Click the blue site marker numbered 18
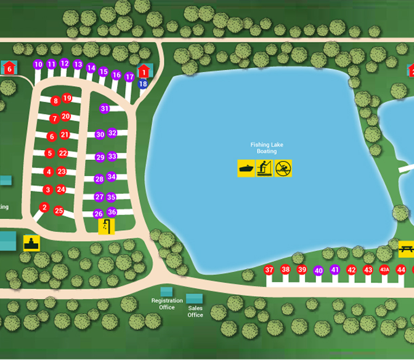[143, 84]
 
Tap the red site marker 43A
[384, 270]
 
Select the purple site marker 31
[105, 108]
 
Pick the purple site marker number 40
[319, 271]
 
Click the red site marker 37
[269, 270]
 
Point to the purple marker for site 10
[38, 64]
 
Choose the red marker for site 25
[59, 210]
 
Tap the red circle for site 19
[67, 98]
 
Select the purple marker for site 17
[129, 77]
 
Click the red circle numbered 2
[44, 207]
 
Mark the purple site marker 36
[112, 212]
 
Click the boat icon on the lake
[246, 168]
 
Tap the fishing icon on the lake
[264, 168]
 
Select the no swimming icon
[283, 168]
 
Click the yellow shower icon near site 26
[107, 226]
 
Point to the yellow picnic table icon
[406, 249]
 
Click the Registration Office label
[167, 304]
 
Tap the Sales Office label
[195, 312]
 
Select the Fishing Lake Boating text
[267, 148]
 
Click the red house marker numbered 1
[144, 71]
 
